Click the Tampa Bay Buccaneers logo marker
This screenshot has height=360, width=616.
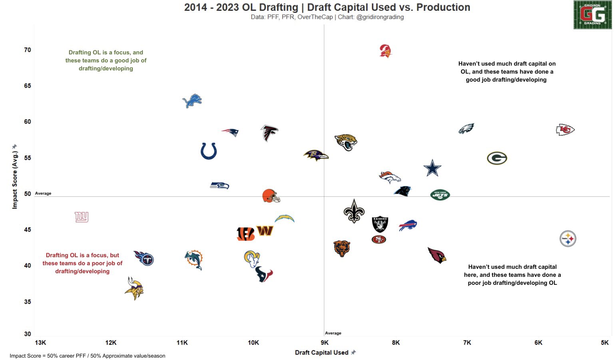[385, 51]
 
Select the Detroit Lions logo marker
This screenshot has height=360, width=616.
[192, 101]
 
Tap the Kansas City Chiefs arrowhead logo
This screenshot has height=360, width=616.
[565, 130]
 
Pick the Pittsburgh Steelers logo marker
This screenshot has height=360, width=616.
[568, 239]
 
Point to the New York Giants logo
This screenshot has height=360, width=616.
[82, 217]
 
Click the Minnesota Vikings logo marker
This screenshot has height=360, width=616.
[134, 288]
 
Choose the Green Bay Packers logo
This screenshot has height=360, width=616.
[497, 158]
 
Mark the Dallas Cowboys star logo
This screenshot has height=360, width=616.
[432, 168]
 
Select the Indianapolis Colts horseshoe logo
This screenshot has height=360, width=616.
[209, 151]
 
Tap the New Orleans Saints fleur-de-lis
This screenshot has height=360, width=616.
[354, 211]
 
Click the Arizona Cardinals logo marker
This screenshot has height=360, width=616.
[437, 255]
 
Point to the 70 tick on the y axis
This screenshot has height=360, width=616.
[28, 50]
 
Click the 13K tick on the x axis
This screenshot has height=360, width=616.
[40, 343]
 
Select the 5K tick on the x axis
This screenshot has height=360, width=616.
[605, 343]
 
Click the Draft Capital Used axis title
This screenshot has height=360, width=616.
[322, 352]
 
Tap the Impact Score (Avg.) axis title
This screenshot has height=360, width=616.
[15, 179]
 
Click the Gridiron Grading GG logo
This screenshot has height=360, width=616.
[592, 15]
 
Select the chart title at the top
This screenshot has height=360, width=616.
[327, 8]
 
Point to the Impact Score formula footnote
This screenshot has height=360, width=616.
[88, 356]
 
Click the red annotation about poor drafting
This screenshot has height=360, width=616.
[82, 263]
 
